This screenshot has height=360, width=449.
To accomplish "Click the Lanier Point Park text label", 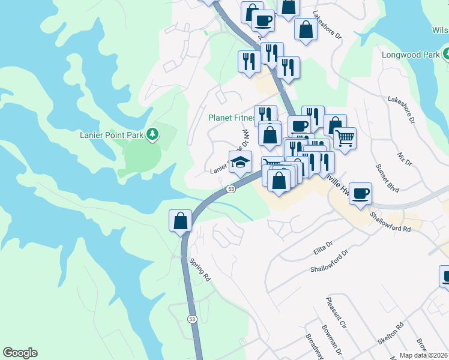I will [x=112, y=135].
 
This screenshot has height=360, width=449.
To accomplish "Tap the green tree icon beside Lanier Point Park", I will [x=153, y=134].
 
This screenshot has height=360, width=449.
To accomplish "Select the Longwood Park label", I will [x=410, y=55].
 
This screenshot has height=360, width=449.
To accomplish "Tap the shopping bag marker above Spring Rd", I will [x=180, y=221].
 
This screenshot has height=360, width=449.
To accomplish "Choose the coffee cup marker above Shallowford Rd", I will [x=360, y=194].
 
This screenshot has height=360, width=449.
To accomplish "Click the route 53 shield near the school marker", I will [x=231, y=189].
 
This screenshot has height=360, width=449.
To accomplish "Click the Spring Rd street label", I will [x=200, y=270].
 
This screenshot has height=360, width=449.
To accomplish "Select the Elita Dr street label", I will [x=323, y=247].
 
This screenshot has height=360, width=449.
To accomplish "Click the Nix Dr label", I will [x=405, y=158].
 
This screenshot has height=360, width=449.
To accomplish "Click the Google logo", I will [x=20, y=353].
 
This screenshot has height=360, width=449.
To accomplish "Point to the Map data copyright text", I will [x=424, y=355].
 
